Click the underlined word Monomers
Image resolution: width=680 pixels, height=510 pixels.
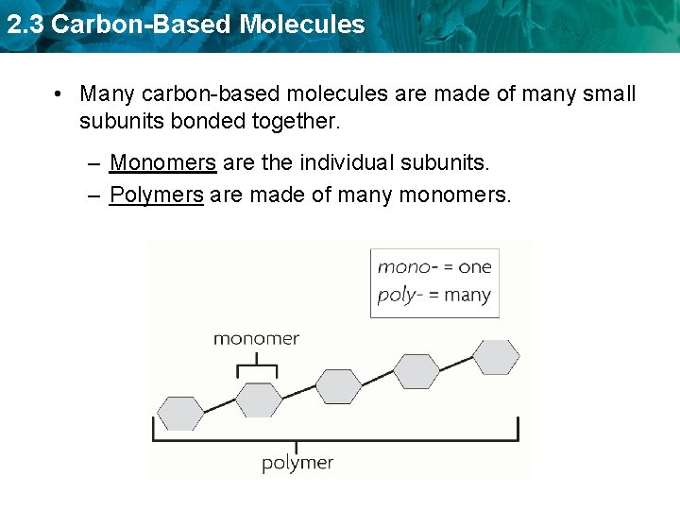(162, 162)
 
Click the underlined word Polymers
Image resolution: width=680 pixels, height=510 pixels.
(157, 195)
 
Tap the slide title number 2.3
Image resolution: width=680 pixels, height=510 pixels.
(25, 25)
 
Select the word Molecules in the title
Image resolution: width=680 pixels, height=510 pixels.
(302, 25)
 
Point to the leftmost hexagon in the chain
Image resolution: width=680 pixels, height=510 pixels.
(180, 414)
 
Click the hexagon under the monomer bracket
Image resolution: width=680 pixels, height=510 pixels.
(258, 399)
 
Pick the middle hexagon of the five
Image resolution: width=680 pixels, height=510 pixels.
(338, 385)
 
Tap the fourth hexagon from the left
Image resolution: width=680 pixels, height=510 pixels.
(416, 371)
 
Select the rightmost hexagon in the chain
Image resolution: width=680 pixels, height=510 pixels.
(495, 357)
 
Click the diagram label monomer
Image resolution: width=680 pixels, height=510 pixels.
(256, 338)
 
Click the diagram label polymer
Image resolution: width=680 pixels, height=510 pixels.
(297, 463)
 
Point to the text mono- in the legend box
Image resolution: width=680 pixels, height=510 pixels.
(403, 266)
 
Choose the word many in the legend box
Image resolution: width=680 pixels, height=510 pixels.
(467, 295)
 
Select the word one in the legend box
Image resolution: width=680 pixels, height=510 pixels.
(475, 266)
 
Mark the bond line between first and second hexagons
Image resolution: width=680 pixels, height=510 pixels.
(219, 406)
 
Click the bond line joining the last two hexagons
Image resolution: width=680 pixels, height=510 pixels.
(456, 364)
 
